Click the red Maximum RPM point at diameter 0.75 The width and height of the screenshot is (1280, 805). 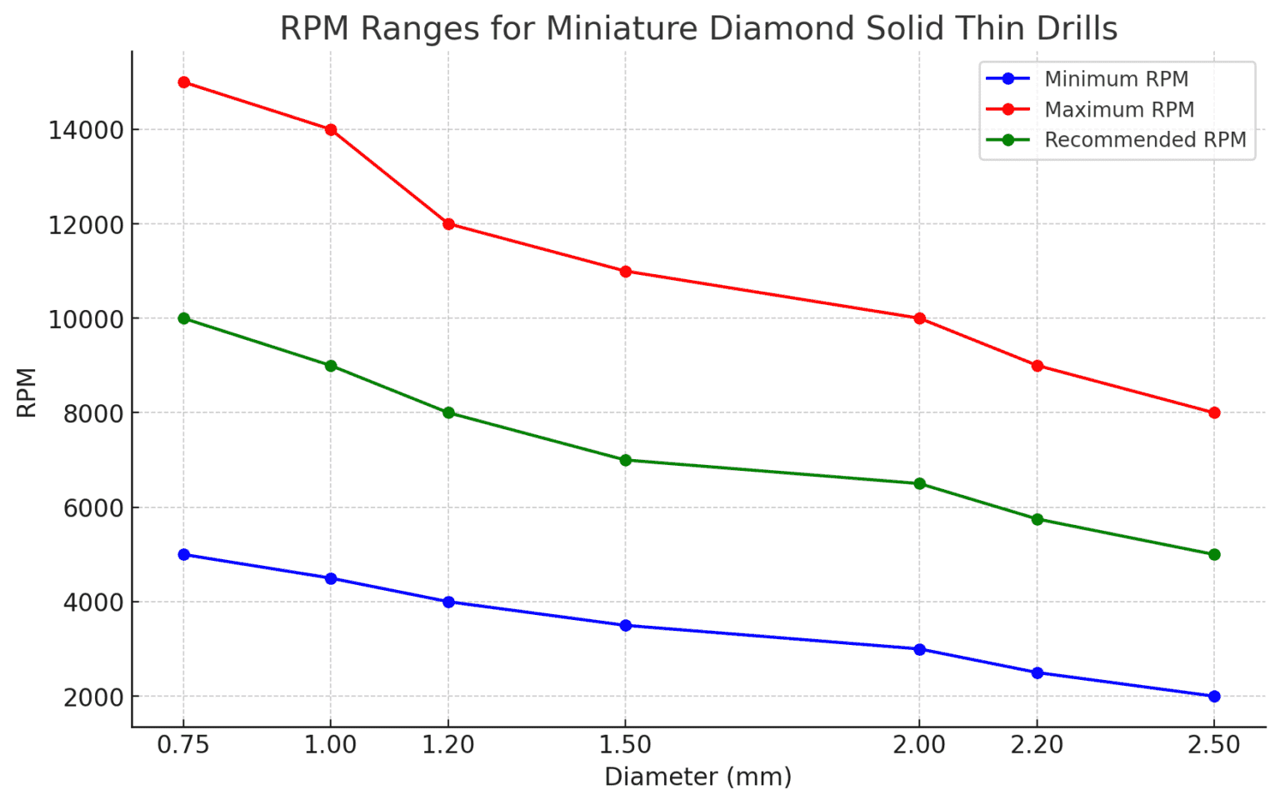[x=184, y=82]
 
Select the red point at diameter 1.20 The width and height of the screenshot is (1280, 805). [x=448, y=224]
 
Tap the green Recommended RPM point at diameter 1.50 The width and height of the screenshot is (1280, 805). [x=626, y=460]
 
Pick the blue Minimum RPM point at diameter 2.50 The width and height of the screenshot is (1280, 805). [x=1214, y=697]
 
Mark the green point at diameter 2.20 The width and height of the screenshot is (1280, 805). [x=1037, y=519]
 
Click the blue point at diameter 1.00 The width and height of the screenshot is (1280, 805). [x=331, y=578]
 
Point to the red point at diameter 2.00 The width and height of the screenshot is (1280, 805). [x=920, y=318]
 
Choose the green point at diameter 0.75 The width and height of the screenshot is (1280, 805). [x=184, y=318]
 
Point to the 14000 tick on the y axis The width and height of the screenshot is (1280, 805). [x=86, y=131]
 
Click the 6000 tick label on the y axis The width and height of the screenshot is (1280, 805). [x=93, y=508]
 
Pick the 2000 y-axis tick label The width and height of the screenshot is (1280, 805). [x=93, y=697]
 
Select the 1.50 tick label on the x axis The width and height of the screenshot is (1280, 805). [x=625, y=745]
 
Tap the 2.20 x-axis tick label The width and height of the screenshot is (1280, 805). [x=1037, y=745]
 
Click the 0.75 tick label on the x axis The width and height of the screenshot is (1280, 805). [x=183, y=745]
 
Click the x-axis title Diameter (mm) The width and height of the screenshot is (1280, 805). [x=698, y=777]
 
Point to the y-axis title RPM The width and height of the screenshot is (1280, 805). [x=27, y=392]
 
